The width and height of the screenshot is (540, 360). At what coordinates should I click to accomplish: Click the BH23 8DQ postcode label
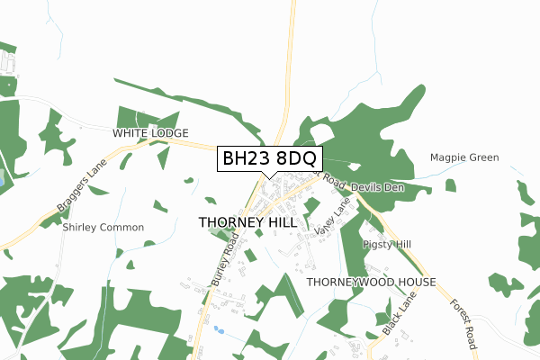(269, 158)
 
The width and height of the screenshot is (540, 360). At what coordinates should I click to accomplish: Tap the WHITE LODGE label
(150, 133)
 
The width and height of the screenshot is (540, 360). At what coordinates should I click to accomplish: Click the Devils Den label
(378, 187)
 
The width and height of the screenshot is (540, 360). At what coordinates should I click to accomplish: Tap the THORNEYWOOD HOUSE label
(371, 282)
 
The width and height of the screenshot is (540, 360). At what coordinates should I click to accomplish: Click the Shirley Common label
(103, 228)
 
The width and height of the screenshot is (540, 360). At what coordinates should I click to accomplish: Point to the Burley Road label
(224, 260)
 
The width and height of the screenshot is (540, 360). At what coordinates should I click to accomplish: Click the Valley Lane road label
(332, 218)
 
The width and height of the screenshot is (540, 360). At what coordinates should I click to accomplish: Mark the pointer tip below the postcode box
(269, 177)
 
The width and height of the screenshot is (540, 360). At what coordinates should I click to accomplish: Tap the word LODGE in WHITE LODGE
(169, 133)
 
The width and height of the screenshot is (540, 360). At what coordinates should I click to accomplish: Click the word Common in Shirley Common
(121, 228)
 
